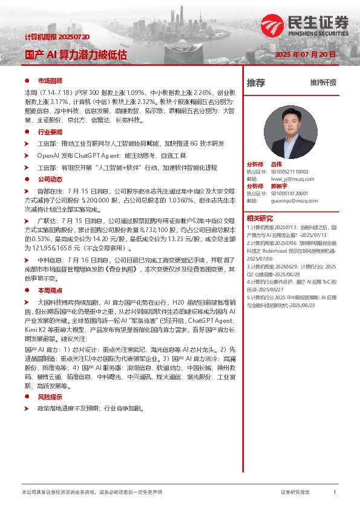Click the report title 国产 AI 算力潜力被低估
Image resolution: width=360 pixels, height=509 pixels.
(76, 54)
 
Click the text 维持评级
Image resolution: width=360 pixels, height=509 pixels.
(323, 83)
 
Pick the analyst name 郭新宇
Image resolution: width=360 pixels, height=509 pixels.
(279, 186)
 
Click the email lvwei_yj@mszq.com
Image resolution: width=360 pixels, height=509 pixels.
(292, 179)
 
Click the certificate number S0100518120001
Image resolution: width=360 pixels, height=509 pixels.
(294, 193)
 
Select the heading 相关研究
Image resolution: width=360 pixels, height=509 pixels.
(260, 218)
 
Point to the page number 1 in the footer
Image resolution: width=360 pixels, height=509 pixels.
(335, 493)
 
